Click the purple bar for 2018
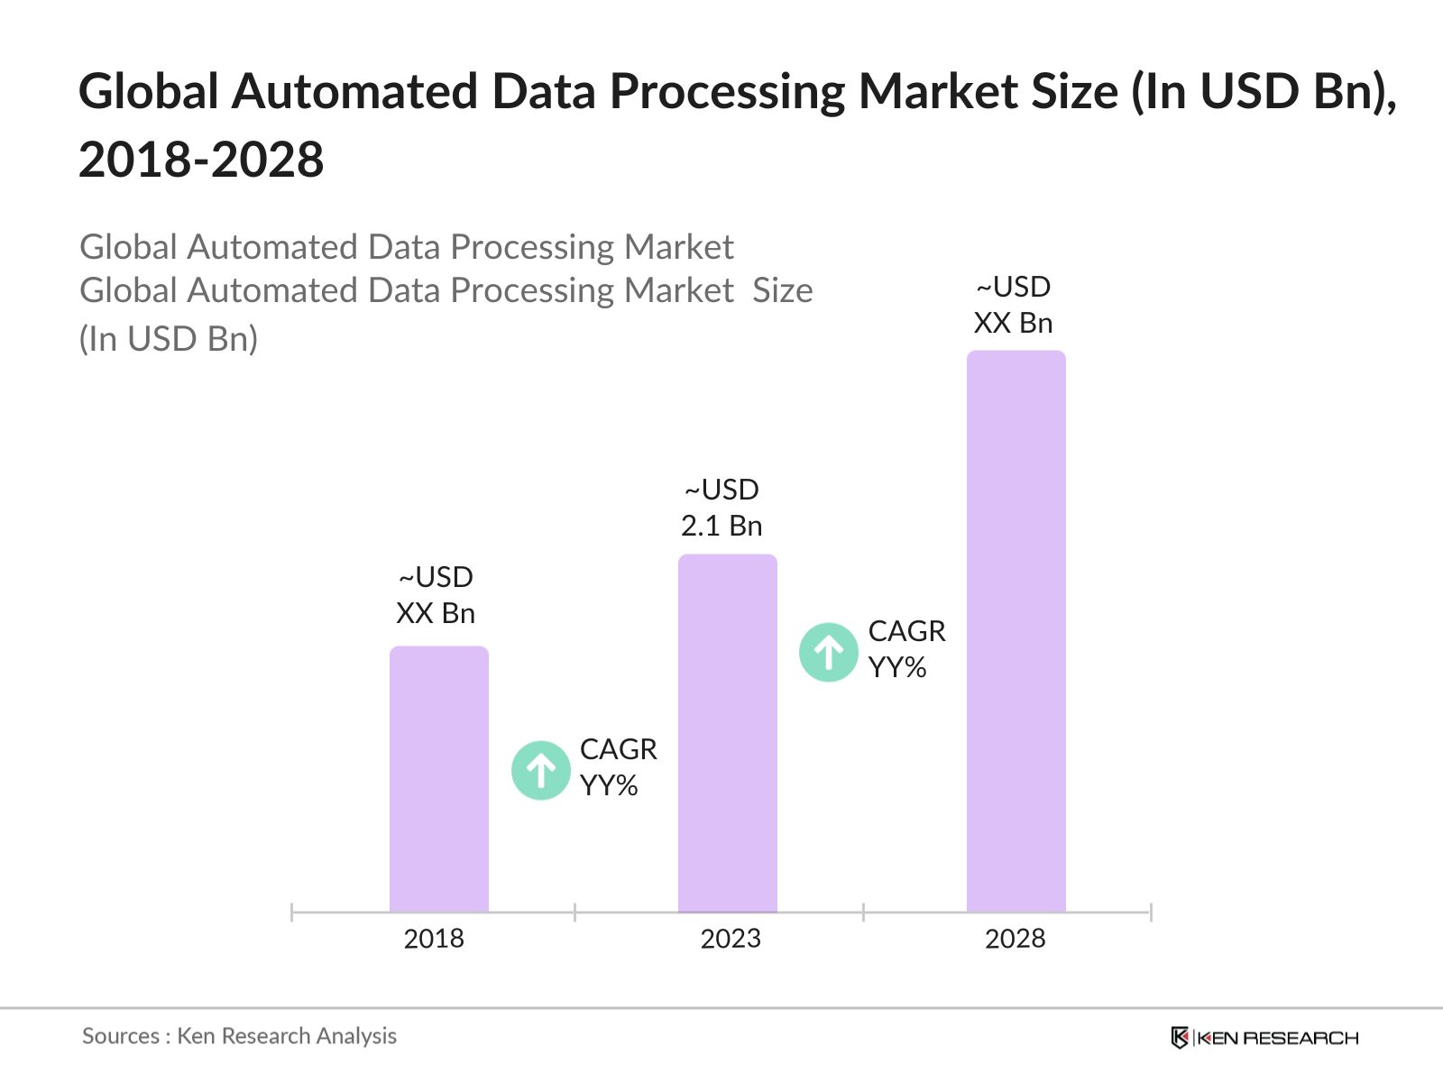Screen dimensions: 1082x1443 pos(439,779)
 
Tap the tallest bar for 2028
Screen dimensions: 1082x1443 pos(1016,631)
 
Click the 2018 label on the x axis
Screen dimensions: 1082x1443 pos(434,939)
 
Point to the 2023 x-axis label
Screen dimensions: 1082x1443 pos(731,939)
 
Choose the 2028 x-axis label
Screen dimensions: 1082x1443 pos(1015,939)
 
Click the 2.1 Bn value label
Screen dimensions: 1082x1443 pos(721,526)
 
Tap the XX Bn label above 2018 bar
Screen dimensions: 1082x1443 pos(436,613)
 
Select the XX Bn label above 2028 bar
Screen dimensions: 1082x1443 pos(1013,323)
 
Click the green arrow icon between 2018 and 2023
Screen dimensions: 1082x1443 pos(541,770)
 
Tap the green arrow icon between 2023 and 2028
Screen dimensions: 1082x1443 pos(828,652)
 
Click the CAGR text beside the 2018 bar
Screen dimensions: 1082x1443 pos(618,749)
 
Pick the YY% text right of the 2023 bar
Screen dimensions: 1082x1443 pos(897,668)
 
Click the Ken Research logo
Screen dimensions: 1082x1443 pos(1264,1038)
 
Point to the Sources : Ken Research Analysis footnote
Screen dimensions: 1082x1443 pos(239,1036)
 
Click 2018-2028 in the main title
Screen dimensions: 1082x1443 pos(201,160)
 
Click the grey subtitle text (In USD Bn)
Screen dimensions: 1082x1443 pos(169,339)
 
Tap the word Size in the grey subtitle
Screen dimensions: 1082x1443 pos(783,291)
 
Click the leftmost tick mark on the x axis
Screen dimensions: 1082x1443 pos(292,912)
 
